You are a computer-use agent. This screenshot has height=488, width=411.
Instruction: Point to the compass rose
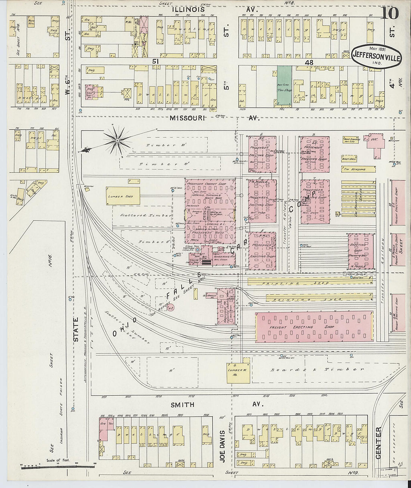point(117,140)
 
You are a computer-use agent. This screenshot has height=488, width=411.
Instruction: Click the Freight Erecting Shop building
point(314,327)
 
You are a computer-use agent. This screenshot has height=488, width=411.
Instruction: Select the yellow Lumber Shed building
point(123,196)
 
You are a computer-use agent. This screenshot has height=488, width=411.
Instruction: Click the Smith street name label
point(182,405)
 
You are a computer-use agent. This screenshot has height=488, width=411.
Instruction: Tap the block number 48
point(309,62)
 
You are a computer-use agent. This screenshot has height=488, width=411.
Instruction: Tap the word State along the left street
point(76,329)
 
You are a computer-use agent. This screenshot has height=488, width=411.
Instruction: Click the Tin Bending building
point(358,169)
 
